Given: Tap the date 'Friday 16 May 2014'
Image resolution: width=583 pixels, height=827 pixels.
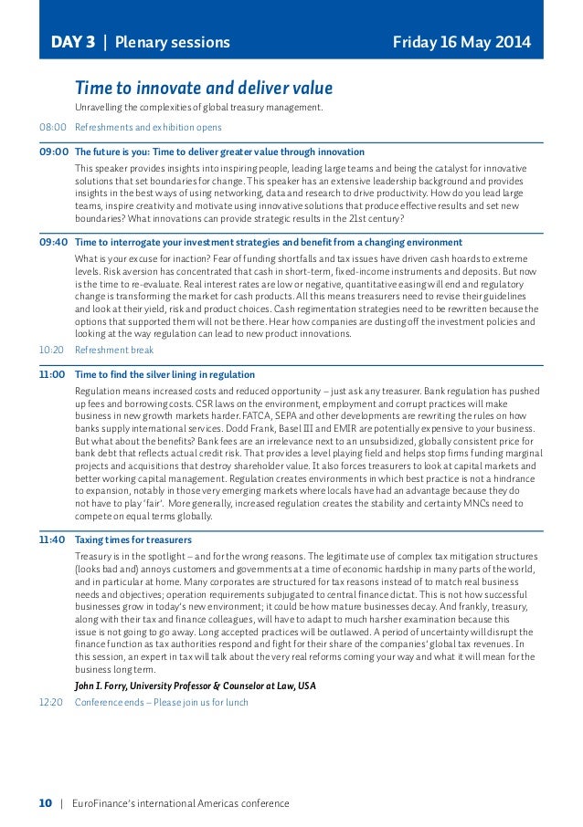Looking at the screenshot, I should point(461,42).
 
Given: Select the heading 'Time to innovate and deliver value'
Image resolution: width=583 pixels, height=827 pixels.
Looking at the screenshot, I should point(203,89).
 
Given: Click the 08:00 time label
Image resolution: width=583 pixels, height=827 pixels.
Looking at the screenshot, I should point(52,127).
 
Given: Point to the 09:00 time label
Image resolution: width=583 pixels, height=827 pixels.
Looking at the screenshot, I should point(53,152).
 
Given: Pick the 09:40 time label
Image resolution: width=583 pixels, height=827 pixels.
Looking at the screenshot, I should point(53,242).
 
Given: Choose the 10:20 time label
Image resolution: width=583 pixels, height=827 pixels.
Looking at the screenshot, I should point(52,350).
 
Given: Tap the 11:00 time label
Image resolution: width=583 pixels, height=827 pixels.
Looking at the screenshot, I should point(53,374).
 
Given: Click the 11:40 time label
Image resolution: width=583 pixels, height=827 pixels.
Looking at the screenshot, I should point(53,539).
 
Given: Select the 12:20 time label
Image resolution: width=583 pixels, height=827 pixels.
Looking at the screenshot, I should point(52,702).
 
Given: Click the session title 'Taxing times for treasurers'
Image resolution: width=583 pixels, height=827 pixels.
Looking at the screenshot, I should point(132,539).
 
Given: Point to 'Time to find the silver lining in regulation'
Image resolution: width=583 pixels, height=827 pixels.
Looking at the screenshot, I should point(164,374).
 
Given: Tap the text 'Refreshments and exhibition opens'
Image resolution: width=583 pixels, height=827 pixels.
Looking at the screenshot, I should point(148,127).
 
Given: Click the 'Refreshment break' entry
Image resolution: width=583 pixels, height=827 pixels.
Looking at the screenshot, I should point(114,350).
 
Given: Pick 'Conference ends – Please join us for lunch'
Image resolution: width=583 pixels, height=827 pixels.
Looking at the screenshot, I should point(161,702).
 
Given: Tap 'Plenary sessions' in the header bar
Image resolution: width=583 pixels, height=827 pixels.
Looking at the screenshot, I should point(173,42).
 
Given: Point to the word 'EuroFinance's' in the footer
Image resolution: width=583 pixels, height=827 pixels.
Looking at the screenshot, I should point(104,803).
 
